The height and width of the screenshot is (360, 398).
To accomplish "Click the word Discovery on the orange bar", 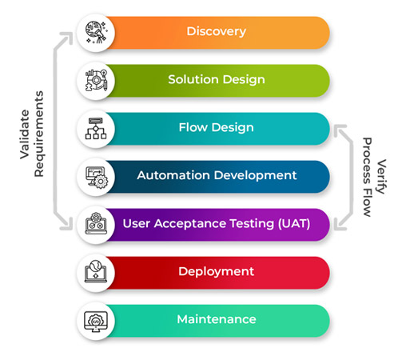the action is click(216, 32).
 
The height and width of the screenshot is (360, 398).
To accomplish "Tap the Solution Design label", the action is click(217, 80).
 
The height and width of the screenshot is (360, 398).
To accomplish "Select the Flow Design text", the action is click(216, 127).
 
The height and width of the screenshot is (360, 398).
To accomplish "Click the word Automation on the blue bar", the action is click(173, 175).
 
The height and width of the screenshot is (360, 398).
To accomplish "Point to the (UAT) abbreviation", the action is click(294, 223).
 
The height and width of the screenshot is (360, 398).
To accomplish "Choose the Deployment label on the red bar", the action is click(216, 272).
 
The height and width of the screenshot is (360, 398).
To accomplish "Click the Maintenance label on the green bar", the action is click(217, 319).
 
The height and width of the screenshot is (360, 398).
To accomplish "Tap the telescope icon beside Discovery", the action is click(96, 33).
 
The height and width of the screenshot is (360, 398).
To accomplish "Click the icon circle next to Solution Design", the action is click(96, 81).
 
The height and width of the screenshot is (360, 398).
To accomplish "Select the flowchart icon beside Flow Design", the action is click(96, 129).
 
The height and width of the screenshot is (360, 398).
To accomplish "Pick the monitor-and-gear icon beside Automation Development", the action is click(97, 178).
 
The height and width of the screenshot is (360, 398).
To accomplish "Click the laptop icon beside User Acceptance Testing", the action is click(96, 224).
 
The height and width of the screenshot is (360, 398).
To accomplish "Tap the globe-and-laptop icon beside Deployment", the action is click(96, 271).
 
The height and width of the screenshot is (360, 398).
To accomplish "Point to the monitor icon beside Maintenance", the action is click(96, 321).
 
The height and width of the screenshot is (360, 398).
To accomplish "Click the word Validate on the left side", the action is click(25, 134).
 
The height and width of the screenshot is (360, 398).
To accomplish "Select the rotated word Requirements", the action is click(39, 134).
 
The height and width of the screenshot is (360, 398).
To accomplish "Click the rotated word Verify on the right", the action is click(381, 177).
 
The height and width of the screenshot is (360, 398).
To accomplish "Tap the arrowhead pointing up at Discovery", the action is click(67, 38).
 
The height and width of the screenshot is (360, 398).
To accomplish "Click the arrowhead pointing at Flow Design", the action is click(340, 130).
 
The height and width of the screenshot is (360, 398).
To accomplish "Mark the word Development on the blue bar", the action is click(255, 176).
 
